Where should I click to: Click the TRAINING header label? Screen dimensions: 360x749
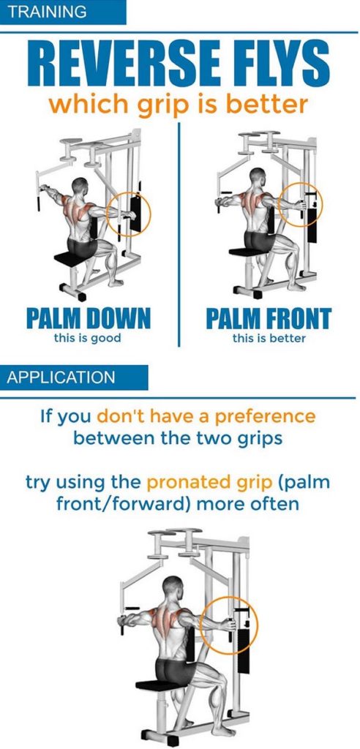48,12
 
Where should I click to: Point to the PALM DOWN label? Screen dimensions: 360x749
88,319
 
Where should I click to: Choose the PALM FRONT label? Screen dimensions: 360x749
269,319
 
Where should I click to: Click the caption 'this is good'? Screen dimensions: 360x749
88,338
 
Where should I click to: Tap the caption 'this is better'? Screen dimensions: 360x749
269,338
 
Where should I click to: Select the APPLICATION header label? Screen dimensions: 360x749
61,377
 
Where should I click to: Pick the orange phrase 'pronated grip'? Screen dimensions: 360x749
209,483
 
